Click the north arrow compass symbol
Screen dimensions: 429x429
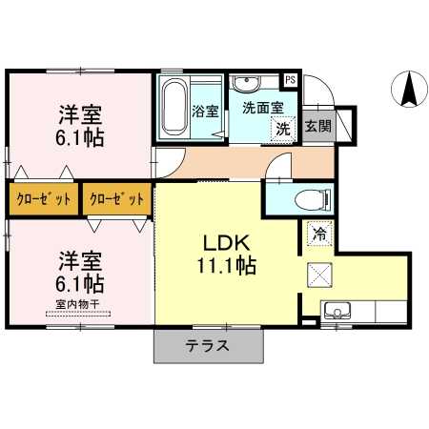409,89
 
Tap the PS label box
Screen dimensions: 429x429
290,79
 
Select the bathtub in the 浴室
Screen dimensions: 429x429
174,107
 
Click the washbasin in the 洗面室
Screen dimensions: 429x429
246,82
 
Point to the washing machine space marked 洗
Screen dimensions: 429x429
283,129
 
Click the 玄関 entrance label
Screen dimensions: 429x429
318,126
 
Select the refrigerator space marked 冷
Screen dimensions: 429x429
319,235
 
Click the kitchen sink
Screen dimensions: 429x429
337,311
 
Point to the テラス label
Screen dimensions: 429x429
208,346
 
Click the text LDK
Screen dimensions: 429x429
226,243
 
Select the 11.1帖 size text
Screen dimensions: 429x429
227,266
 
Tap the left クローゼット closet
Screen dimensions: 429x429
44,199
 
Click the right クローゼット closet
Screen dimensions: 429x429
117,199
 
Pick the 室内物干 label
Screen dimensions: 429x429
78,304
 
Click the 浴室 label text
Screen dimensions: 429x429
205,112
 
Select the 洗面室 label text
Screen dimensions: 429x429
263,108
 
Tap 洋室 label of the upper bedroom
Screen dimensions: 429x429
80,115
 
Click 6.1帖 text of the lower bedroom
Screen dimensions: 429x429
80,284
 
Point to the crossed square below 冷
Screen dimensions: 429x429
319,275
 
